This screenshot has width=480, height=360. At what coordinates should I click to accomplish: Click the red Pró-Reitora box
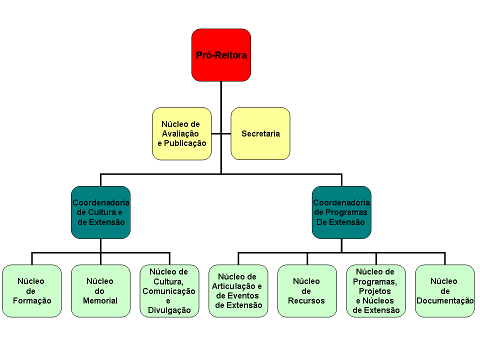coord(221,55)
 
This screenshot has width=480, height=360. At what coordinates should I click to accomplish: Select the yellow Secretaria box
coord(260,133)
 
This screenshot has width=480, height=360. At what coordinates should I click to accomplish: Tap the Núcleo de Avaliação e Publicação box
coord(182,133)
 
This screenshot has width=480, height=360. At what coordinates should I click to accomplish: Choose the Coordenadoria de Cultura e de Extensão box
coord(100,212)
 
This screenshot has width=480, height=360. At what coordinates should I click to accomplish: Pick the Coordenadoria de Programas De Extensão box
coord(341,212)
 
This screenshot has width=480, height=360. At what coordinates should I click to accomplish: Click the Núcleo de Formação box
coord(32,291)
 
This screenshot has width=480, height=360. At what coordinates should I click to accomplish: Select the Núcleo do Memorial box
coord(100,291)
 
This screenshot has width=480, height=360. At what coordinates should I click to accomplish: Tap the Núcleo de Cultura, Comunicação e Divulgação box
coord(169,291)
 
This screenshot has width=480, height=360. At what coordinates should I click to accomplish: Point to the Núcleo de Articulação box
coord(238,291)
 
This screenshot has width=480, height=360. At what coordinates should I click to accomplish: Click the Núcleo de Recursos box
coord(307,291)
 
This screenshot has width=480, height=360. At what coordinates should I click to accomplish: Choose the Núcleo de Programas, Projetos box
coord(376,291)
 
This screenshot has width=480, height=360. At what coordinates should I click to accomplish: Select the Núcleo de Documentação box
coord(445,291)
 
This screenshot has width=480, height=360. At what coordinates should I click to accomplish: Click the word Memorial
coord(100,300)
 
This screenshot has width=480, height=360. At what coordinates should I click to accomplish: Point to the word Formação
coord(32,301)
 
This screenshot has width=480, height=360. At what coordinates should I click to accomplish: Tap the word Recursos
coord(306,300)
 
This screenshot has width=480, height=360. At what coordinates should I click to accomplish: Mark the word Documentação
coord(445,301)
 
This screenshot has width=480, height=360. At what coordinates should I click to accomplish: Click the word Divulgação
coord(169,310)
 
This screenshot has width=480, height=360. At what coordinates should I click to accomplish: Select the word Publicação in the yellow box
coord(185,143)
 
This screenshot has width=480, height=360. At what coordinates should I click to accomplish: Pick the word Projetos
coord(375,291)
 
